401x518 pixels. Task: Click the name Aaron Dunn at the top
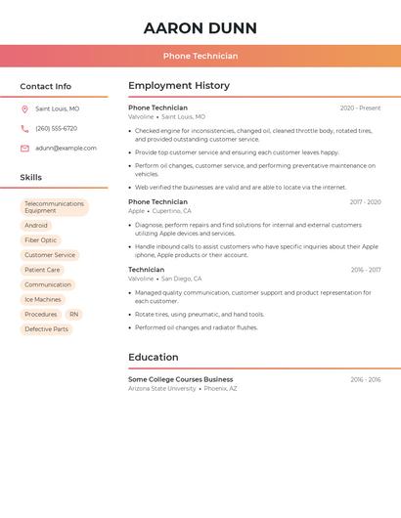(x=200, y=28)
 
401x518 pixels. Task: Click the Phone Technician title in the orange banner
(x=200, y=56)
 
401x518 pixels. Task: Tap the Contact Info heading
(x=46, y=86)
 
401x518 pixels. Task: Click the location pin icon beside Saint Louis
(x=24, y=109)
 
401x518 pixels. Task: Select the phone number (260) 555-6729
(x=56, y=128)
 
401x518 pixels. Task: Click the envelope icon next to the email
(x=24, y=149)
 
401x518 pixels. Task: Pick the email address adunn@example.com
(x=66, y=149)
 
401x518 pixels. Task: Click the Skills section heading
(x=31, y=178)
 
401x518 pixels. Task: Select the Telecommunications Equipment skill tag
(x=55, y=207)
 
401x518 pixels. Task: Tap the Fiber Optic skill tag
(x=41, y=239)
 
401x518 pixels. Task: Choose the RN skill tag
(x=73, y=315)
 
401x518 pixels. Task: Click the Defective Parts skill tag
(x=47, y=329)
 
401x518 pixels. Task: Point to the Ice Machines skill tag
(x=43, y=299)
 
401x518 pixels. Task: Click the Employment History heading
(x=179, y=86)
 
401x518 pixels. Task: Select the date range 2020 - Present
(x=360, y=108)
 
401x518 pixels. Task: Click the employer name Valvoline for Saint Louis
(x=141, y=116)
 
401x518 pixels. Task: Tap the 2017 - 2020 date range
(x=365, y=202)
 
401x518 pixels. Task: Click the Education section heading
(x=154, y=358)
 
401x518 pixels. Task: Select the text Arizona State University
(x=162, y=388)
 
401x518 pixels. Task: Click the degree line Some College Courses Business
(x=181, y=379)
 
